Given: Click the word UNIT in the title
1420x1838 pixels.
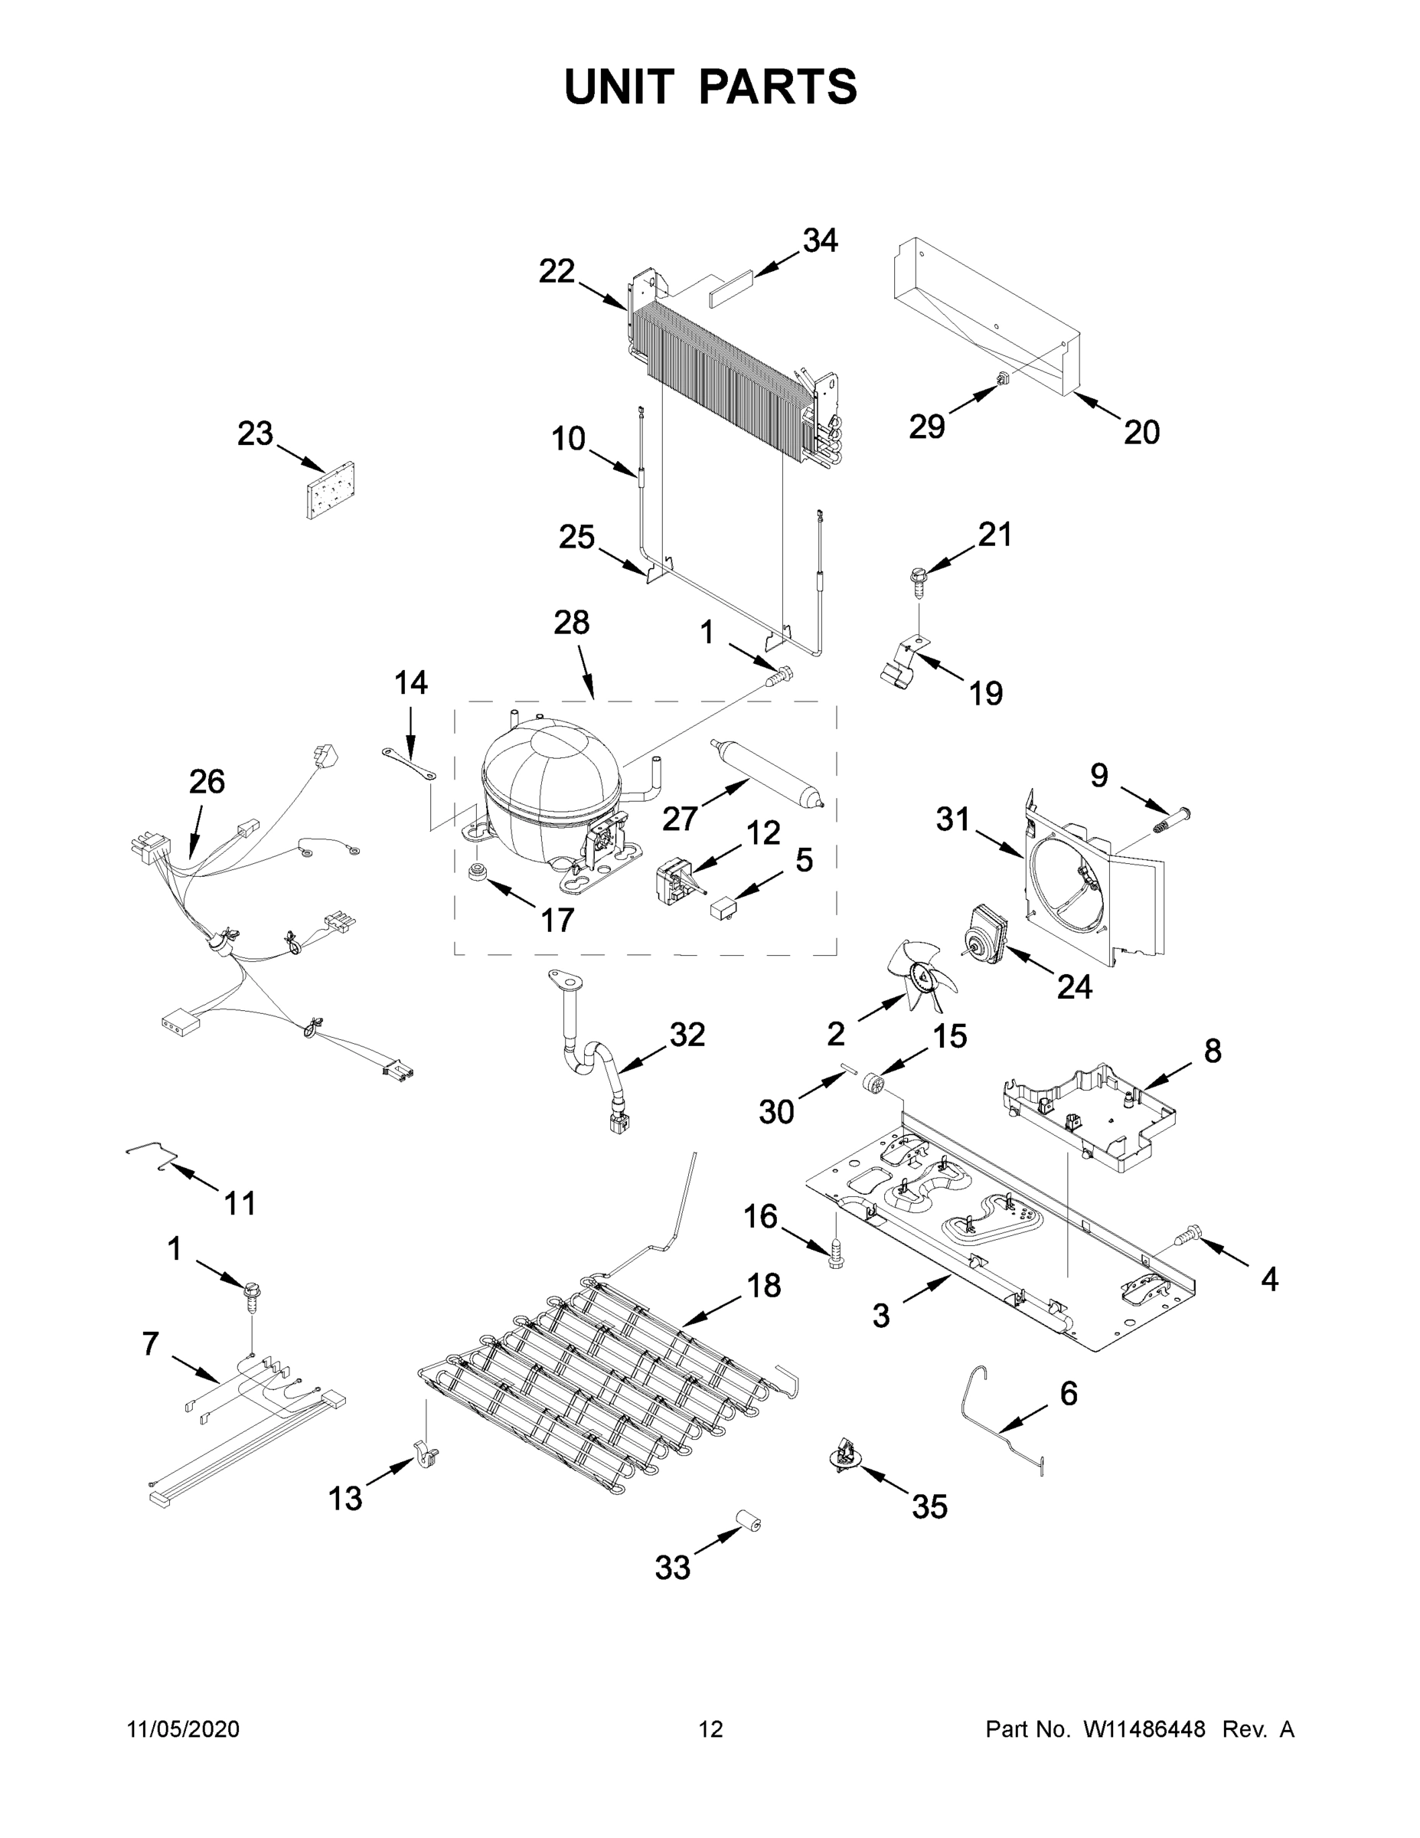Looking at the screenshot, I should [x=620, y=87].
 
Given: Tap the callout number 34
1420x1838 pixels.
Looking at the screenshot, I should [x=819, y=240].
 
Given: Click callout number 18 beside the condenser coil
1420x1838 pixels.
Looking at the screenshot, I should [x=764, y=1286].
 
